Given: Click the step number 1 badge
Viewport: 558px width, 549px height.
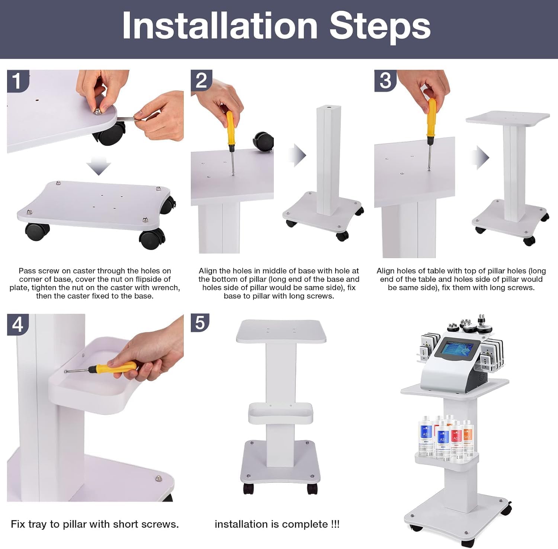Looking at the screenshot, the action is [17, 81].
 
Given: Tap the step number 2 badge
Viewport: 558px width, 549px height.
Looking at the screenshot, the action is [201, 80].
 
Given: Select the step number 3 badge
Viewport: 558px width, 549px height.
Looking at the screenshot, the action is [385, 80].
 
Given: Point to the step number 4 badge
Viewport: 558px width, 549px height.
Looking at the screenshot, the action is [17, 324].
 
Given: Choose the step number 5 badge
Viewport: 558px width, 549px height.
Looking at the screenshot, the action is [200, 322].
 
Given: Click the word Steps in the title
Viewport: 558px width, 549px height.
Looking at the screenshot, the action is [380, 27].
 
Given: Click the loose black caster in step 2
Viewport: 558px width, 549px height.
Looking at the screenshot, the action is [263, 141].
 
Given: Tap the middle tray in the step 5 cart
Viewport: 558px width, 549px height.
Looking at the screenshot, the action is [280, 413].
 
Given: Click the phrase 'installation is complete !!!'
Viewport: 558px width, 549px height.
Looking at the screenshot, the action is [277, 524].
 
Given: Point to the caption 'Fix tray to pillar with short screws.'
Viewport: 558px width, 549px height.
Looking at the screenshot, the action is [95, 524].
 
